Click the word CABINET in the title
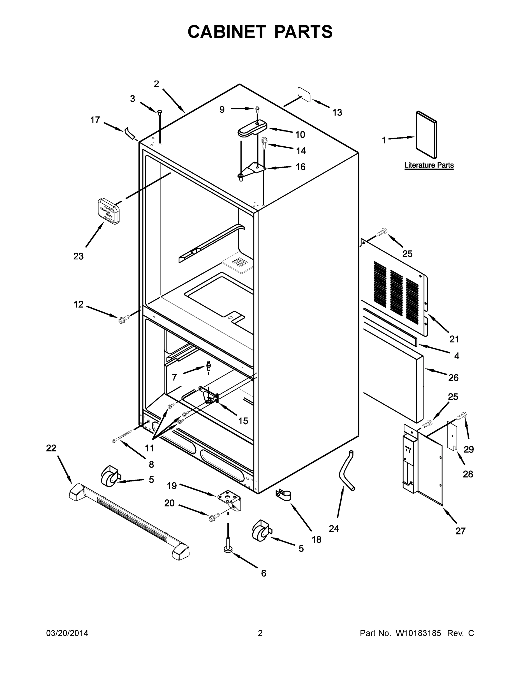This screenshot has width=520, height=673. (227, 32)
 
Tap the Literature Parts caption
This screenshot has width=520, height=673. (429, 165)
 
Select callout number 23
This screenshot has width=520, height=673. (78, 256)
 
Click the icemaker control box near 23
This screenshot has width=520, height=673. (108, 211)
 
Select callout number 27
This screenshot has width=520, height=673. (460, 531)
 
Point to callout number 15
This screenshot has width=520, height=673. (243, 421)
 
